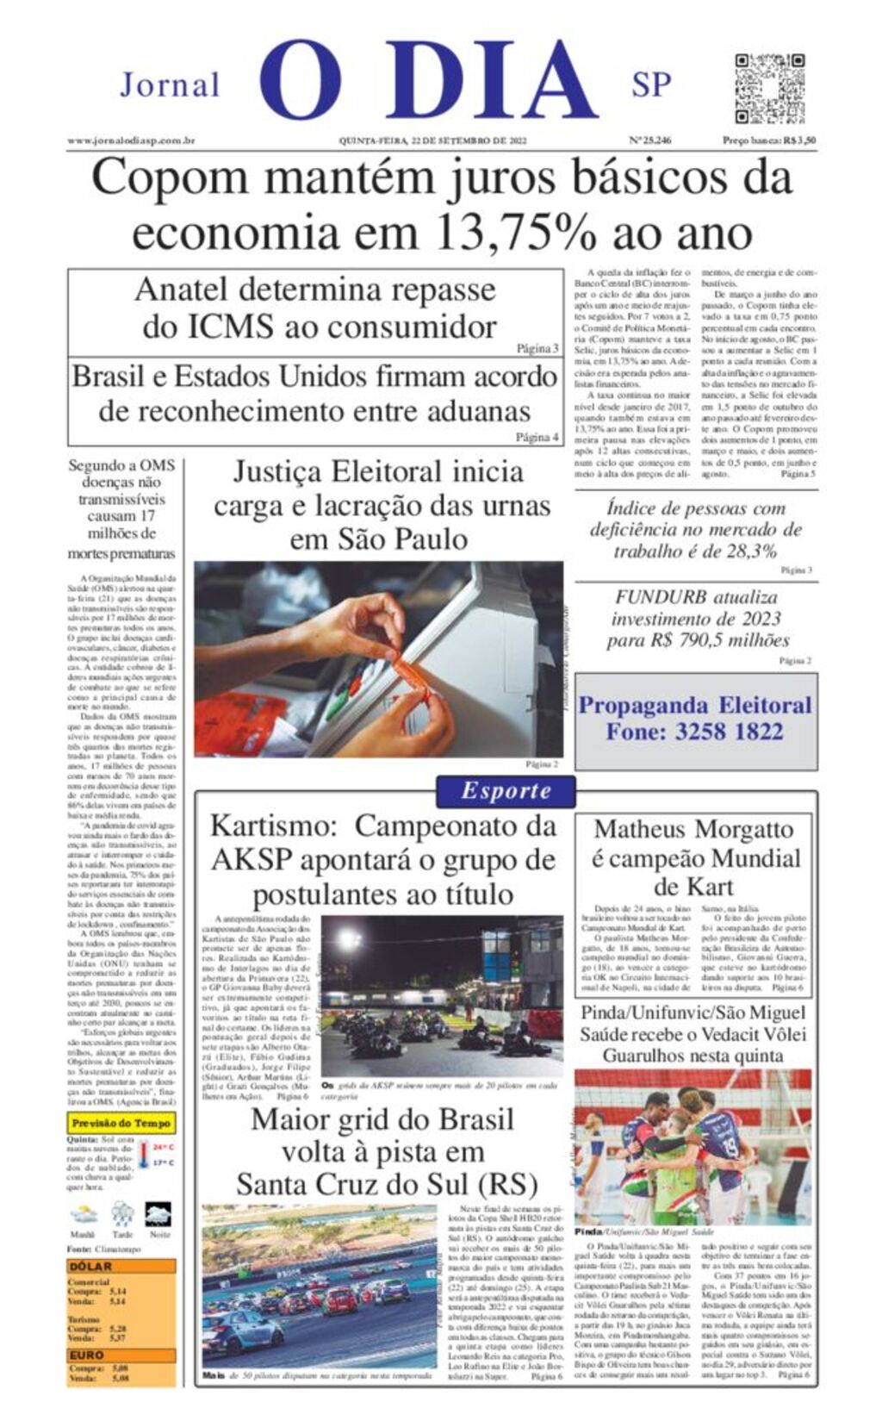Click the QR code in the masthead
click(x=769, y=89)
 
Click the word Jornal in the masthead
click(x=170, y=85)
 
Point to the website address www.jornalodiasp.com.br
click(x=131, y=140)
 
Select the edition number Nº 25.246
click(x=649, y=140)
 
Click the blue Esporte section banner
click(x=506, y=791)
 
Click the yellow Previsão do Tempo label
click(x=121, y=1123)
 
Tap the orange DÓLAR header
click(x=91, y=1266)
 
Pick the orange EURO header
click(x=87, y=1355)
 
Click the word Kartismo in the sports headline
click(x=273, y=826)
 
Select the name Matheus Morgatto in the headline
click(x=693, y=829)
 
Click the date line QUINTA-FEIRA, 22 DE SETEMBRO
click(x=432, y=140)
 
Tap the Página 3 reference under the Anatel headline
click(x=537, y=349)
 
